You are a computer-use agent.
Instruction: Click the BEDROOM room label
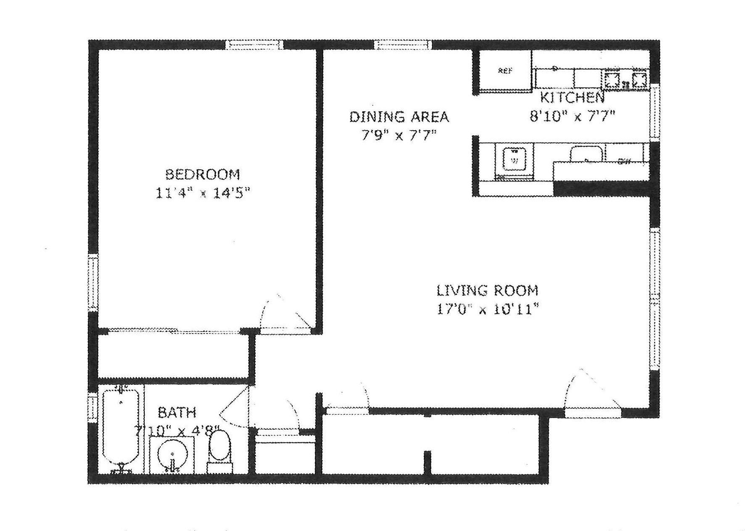click(x=202, y=174)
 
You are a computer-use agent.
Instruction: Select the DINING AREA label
click(x=399, y=116)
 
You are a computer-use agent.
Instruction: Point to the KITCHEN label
click(x=572, y=97)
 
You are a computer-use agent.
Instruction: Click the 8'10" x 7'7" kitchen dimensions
click(x=572, y=116)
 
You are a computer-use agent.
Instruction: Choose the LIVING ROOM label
click(x=487, y=290)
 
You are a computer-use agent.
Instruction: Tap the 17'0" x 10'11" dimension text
click(x=487, y=310)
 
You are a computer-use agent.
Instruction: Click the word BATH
click(x=177, y=413)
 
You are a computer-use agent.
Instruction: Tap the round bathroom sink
click(x=172, y=455)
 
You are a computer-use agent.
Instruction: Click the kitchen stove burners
click(x=626, y=79)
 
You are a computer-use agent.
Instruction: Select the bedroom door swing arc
click(x=284, y=313)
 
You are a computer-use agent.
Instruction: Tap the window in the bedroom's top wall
click(x=254, y=45)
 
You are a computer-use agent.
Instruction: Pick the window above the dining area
click(x=403, y=45)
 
